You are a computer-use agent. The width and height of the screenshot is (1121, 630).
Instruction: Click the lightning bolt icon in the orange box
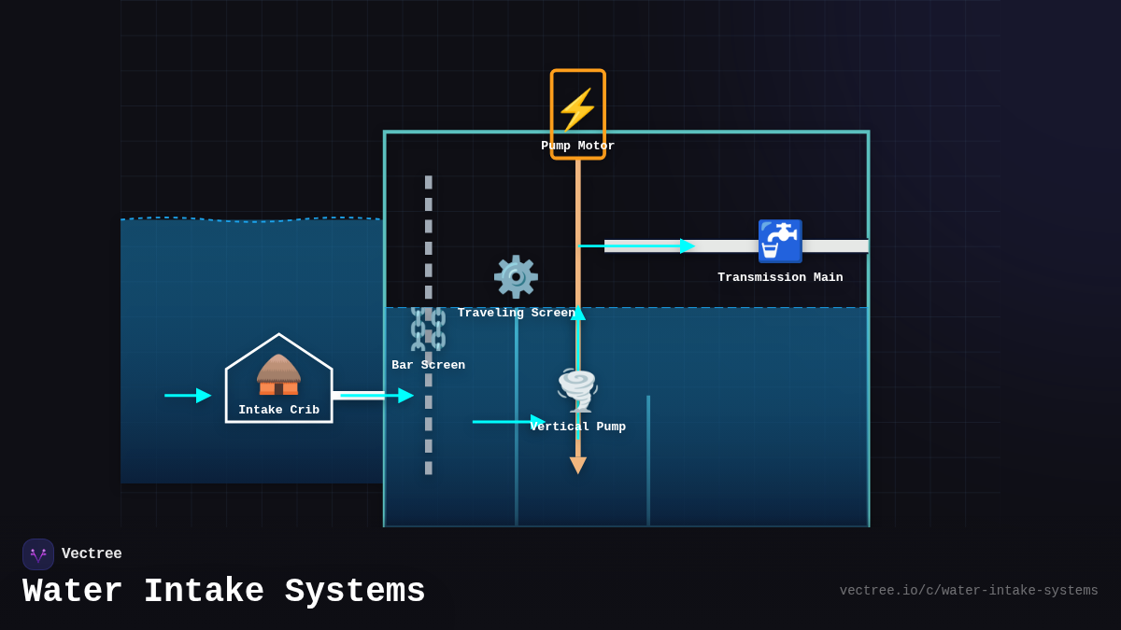tap(577, 109)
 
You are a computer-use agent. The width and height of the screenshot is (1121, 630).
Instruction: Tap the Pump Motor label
tap(577, 147)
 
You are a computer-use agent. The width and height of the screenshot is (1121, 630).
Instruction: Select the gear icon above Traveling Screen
tap(516, 277)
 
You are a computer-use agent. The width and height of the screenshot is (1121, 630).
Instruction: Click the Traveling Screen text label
tap(516, 314)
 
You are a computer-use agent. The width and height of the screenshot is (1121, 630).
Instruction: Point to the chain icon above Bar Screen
tap(428, 329)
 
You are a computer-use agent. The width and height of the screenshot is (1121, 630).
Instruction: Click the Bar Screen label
tap(428, 366)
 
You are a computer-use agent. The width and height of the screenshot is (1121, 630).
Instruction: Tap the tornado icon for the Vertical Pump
tap(577, 389)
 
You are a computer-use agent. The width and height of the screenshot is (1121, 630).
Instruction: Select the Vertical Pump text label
tap(578, 427)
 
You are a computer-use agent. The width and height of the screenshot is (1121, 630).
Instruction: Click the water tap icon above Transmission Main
tap(780, 242)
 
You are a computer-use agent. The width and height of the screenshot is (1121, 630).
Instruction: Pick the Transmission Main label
tap(780, 278)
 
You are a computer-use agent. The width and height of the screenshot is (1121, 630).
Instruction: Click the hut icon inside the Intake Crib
tap(278, 374)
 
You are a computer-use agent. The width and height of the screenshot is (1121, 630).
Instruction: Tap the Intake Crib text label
tap(278, 411)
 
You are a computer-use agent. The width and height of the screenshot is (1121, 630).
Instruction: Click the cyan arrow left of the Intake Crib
tap(188, 396)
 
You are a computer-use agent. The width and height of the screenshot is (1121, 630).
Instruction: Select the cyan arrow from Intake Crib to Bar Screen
tap(376, 396)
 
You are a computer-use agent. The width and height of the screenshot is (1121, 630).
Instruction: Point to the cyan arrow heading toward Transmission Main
tap(637, 246)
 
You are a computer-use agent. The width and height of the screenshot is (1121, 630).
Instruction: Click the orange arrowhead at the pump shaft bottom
tap(578, 465)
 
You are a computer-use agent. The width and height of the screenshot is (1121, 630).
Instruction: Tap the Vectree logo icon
tap(38, 554)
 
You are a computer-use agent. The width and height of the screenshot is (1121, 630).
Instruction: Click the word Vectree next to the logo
tap(92, 554)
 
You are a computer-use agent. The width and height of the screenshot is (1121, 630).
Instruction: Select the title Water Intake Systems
tap(224, 592)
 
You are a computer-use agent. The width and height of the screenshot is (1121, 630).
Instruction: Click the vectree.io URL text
tap(968, 591)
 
